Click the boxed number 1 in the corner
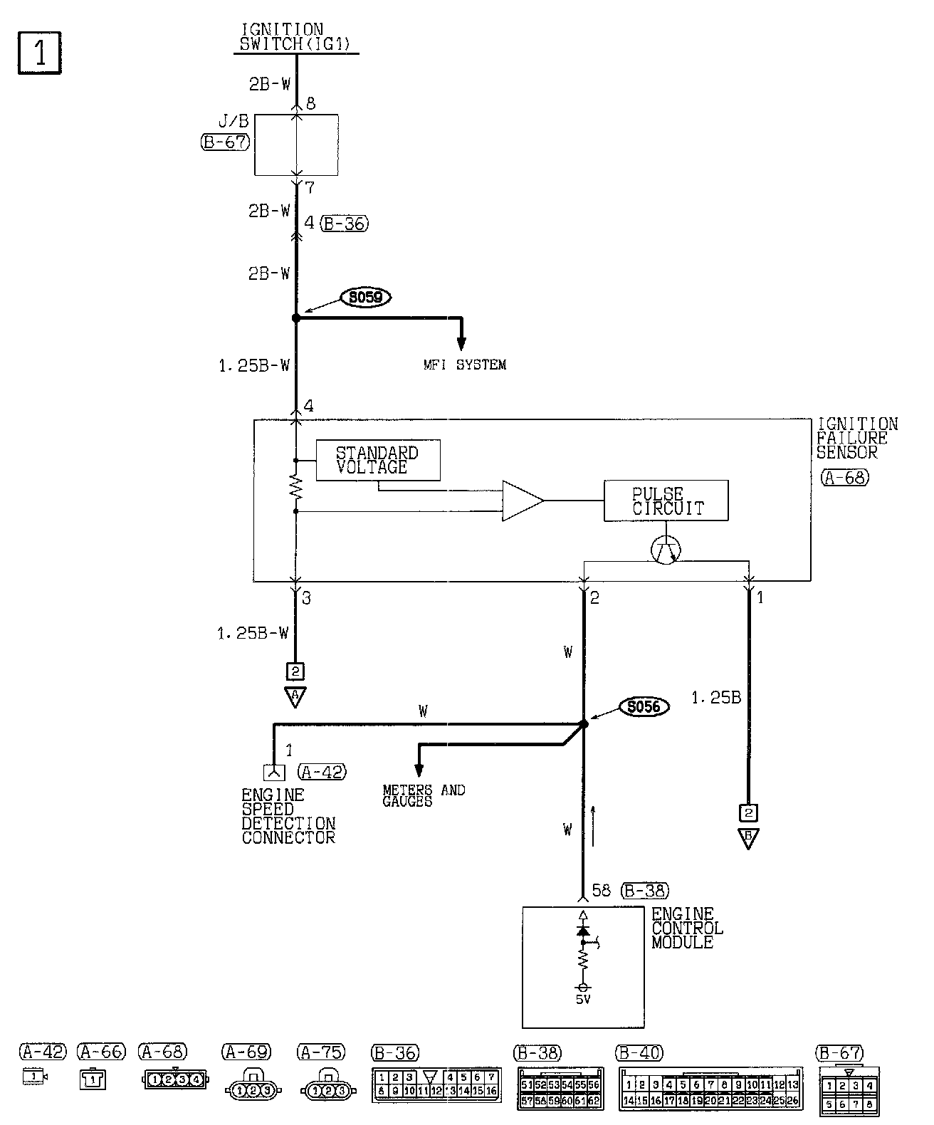pos(39,52)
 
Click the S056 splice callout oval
pos(644,706)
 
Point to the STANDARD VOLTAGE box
pos(377,460)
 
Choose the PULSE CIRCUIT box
pos(666,501)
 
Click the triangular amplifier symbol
pos(522,501)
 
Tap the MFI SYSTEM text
pos(464,365)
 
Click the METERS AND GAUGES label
pos(423,795)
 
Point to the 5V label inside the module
pos(583,999)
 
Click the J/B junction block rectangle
pos(296,145)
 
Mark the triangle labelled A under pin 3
pos(295,696)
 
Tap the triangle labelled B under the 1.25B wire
pos(748,837)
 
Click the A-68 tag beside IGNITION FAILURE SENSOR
pos(845,477)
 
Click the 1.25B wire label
pos(716,698)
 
